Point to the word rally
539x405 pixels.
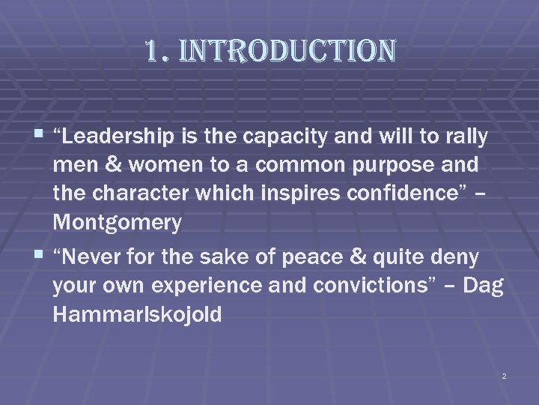pyautogui.click(x=465, y=137)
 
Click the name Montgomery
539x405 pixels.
pyautogui.click(x=118, y=223)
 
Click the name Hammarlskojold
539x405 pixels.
pyautogui.click(x=137, y=315)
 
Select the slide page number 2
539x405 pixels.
pyautogui.click(x=504, y=375)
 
